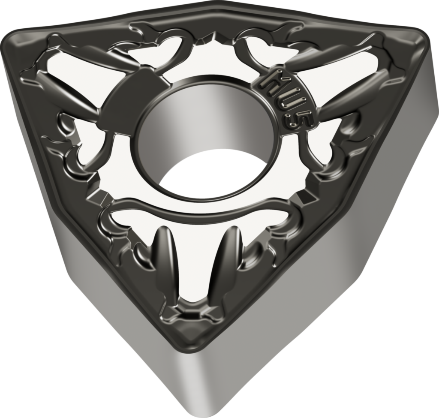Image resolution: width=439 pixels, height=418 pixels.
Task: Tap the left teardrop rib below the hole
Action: pos(167,257)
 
